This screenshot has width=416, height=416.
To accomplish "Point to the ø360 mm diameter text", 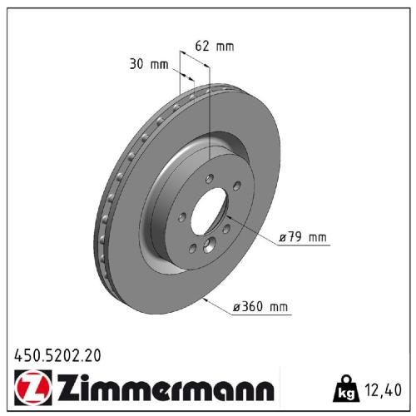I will coord(260,308).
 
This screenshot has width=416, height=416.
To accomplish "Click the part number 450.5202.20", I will coord(57,354).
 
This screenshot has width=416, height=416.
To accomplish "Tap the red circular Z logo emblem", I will coord(28,388).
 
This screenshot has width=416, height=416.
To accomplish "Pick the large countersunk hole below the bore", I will coord(210,245).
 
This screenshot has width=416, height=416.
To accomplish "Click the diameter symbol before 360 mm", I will coord(238,308).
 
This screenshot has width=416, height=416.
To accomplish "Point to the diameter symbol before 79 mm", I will coord(283,238).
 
